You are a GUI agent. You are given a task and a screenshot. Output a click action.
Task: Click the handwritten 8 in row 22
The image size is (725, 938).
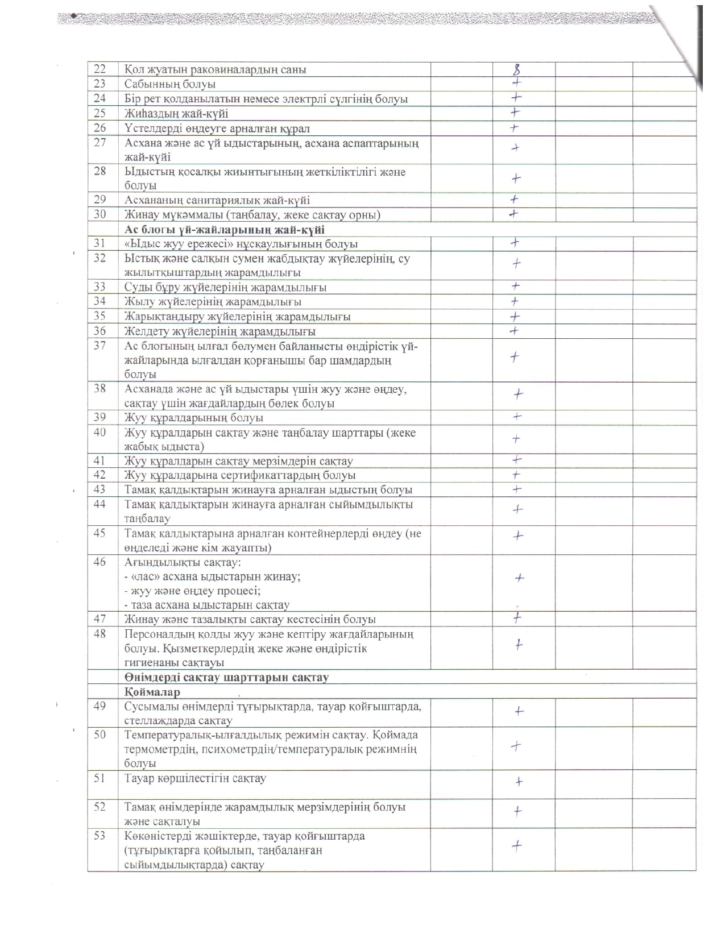pyautogui.click(x=517, y=70)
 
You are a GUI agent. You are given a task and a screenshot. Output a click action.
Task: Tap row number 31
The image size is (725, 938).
pyautogui.click(x=100, y=243)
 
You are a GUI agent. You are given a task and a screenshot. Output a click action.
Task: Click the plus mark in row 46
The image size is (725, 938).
pyautogui.click(x=519, y=578)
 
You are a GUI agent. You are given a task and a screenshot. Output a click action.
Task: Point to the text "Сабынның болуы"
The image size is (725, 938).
pyautogui.click(x=170, y=84)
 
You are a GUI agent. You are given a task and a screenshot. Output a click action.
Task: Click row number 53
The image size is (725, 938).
pyautogui.click(x=100, y=836)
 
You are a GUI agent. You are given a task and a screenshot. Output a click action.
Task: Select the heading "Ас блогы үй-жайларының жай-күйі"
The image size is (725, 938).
pyautogui.click(x=225, y=230)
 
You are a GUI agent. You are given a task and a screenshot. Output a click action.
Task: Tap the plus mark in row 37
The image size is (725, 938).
pyautogui.click(x=515, y=357)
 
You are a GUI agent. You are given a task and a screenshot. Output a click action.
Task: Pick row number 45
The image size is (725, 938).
pyautogui.click(x=100, y=533)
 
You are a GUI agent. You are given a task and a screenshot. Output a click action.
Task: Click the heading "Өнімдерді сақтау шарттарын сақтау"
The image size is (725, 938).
pyautogui.click(x=227, y=678)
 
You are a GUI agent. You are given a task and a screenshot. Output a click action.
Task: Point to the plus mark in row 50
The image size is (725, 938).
pyautogui.click(x=516, y=746)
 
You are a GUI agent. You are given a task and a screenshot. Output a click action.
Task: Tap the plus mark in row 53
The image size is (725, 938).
pyautogui.click(x=516, y=846)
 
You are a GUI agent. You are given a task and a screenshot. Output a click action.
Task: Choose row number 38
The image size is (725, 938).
pyautogui.click(x=100, y=389)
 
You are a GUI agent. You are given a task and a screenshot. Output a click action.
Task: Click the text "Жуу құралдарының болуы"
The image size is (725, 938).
pyautogui.click(x=194, y=418)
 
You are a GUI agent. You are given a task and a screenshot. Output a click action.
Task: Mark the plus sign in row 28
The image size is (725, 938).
pyautogui.click(x=516, y=179)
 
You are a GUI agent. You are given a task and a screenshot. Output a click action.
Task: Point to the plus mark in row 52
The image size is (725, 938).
pyautogui.click(x=517, y=811)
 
